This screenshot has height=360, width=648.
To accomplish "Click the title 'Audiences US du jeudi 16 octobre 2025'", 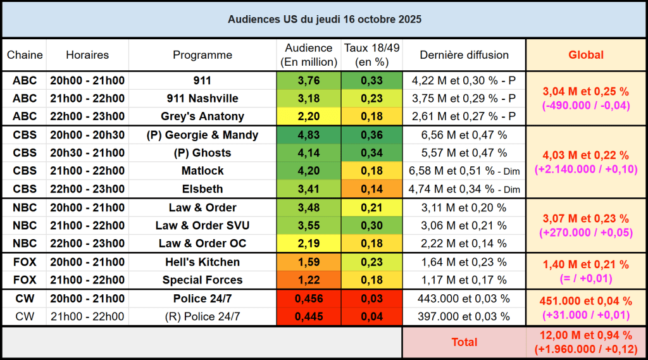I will (x=324, y=20).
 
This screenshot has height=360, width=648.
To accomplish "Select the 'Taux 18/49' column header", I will (x=371, y=55).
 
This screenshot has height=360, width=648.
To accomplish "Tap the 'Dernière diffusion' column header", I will (x=464, y=55).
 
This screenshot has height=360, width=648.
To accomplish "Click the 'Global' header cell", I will (x=586, y=55).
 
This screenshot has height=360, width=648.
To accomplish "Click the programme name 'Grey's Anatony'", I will (x=202, y=116).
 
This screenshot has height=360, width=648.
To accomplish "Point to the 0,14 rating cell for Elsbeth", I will (x=371, y=189).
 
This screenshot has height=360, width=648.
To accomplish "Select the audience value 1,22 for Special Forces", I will (x=308, y=280).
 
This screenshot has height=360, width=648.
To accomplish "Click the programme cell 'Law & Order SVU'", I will (x=202, y=225).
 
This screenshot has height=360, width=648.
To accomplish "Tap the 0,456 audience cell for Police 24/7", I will (x=308, y=299).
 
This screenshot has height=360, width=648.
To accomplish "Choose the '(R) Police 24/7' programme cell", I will (x=202, y=316).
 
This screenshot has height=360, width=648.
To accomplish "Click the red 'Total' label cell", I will (x=464, y=342).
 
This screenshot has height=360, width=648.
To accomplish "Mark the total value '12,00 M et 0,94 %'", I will (x=586, y=335).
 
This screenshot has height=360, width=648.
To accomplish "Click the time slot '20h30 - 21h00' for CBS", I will (x=96, y=152).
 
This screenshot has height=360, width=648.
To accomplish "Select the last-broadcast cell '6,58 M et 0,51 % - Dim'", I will (x=464, y=171).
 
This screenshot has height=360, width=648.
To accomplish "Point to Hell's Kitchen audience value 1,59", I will (x=308, y=262).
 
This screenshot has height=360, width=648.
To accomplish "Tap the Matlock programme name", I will (x=202, y=171).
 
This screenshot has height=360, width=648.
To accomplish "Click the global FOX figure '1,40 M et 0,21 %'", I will (x=586, y=264).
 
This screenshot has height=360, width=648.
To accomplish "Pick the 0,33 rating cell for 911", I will (x=371, y=80).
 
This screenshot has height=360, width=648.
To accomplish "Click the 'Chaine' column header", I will (x=25, y=55).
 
